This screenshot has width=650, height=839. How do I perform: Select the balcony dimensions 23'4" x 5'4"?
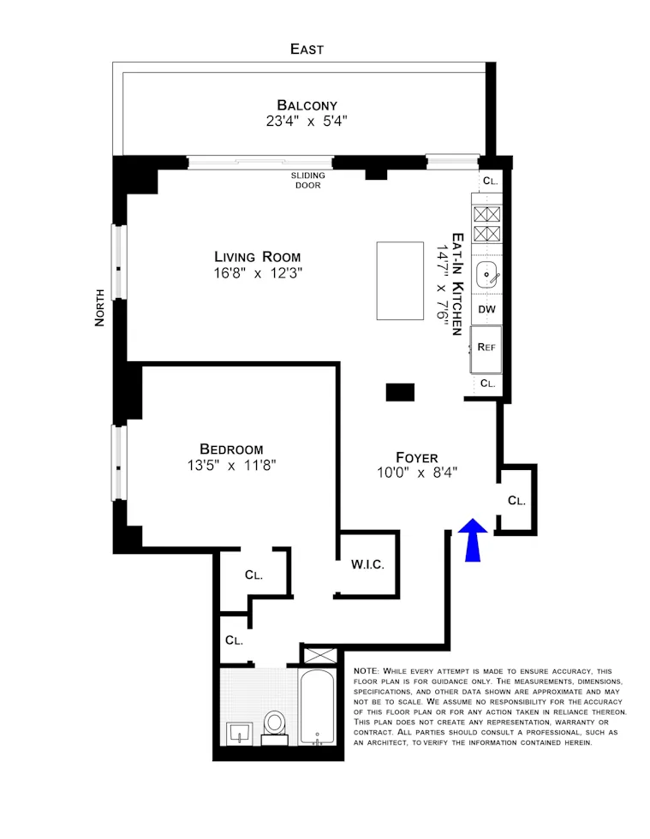[x=307, y=121]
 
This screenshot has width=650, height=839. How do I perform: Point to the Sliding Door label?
[x=307, y=180]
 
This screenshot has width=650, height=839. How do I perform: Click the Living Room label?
[x=257, y=257]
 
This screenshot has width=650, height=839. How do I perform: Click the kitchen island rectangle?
[x=400, y=281]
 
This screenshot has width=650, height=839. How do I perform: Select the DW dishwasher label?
[x=487, y=310]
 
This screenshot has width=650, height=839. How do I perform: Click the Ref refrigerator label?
[x=487, y=347]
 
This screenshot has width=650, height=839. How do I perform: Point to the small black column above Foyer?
[x=400, y=392]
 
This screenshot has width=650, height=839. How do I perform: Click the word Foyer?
[x=417, y=457]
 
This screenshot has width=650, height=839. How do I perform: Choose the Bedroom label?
[x=231, y=449]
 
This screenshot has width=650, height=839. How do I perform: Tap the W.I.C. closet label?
[x=367, y=565]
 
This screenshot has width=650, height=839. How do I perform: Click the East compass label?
[x=307, y=49]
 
